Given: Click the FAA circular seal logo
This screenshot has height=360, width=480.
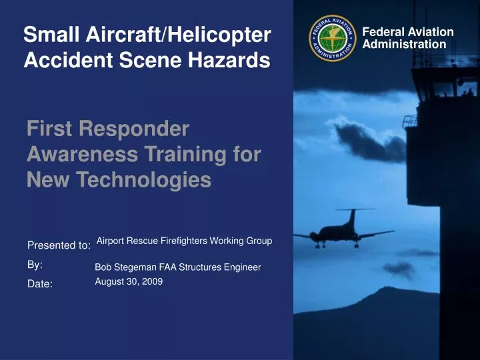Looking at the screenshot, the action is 332,38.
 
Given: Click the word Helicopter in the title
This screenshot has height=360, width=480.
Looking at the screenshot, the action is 219,34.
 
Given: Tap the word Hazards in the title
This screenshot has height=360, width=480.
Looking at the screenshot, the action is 229,60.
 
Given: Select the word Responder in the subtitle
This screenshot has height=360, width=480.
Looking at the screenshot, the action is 134,129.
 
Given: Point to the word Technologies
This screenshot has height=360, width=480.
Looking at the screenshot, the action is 143,179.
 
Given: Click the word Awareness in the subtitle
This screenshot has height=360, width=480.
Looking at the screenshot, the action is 83,154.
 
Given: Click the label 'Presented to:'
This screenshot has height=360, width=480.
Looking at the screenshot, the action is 59,245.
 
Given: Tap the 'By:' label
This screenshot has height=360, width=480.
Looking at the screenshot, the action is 35,265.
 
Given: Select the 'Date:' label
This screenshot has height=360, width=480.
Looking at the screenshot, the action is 40,284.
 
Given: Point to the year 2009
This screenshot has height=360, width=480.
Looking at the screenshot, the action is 152,281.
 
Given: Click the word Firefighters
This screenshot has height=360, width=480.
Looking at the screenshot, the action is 184,241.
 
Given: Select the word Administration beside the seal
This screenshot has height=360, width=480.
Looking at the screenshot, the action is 404,45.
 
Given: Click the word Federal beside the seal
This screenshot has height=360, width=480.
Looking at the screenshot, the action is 383,32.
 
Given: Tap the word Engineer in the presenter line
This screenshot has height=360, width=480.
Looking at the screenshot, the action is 243,267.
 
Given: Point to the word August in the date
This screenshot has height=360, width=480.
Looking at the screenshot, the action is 109,281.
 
